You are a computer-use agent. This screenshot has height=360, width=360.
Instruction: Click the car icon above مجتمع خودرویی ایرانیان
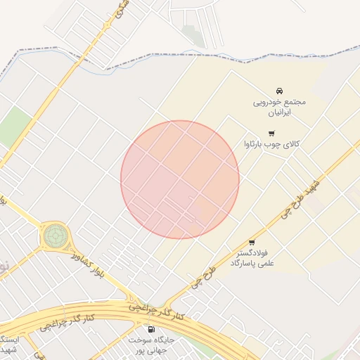point(280,91)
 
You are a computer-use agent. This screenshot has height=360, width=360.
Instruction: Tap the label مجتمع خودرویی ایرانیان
point(280,107)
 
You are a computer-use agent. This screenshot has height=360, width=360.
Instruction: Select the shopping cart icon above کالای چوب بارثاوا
point(271,133)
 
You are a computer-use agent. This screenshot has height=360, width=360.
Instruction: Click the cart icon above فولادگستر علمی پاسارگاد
point(252,242)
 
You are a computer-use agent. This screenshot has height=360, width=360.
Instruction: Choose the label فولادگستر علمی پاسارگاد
point(252,257)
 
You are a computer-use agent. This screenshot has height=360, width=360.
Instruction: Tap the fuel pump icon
point(150,329)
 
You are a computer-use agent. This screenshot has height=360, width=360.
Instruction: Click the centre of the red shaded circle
point(180,179)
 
